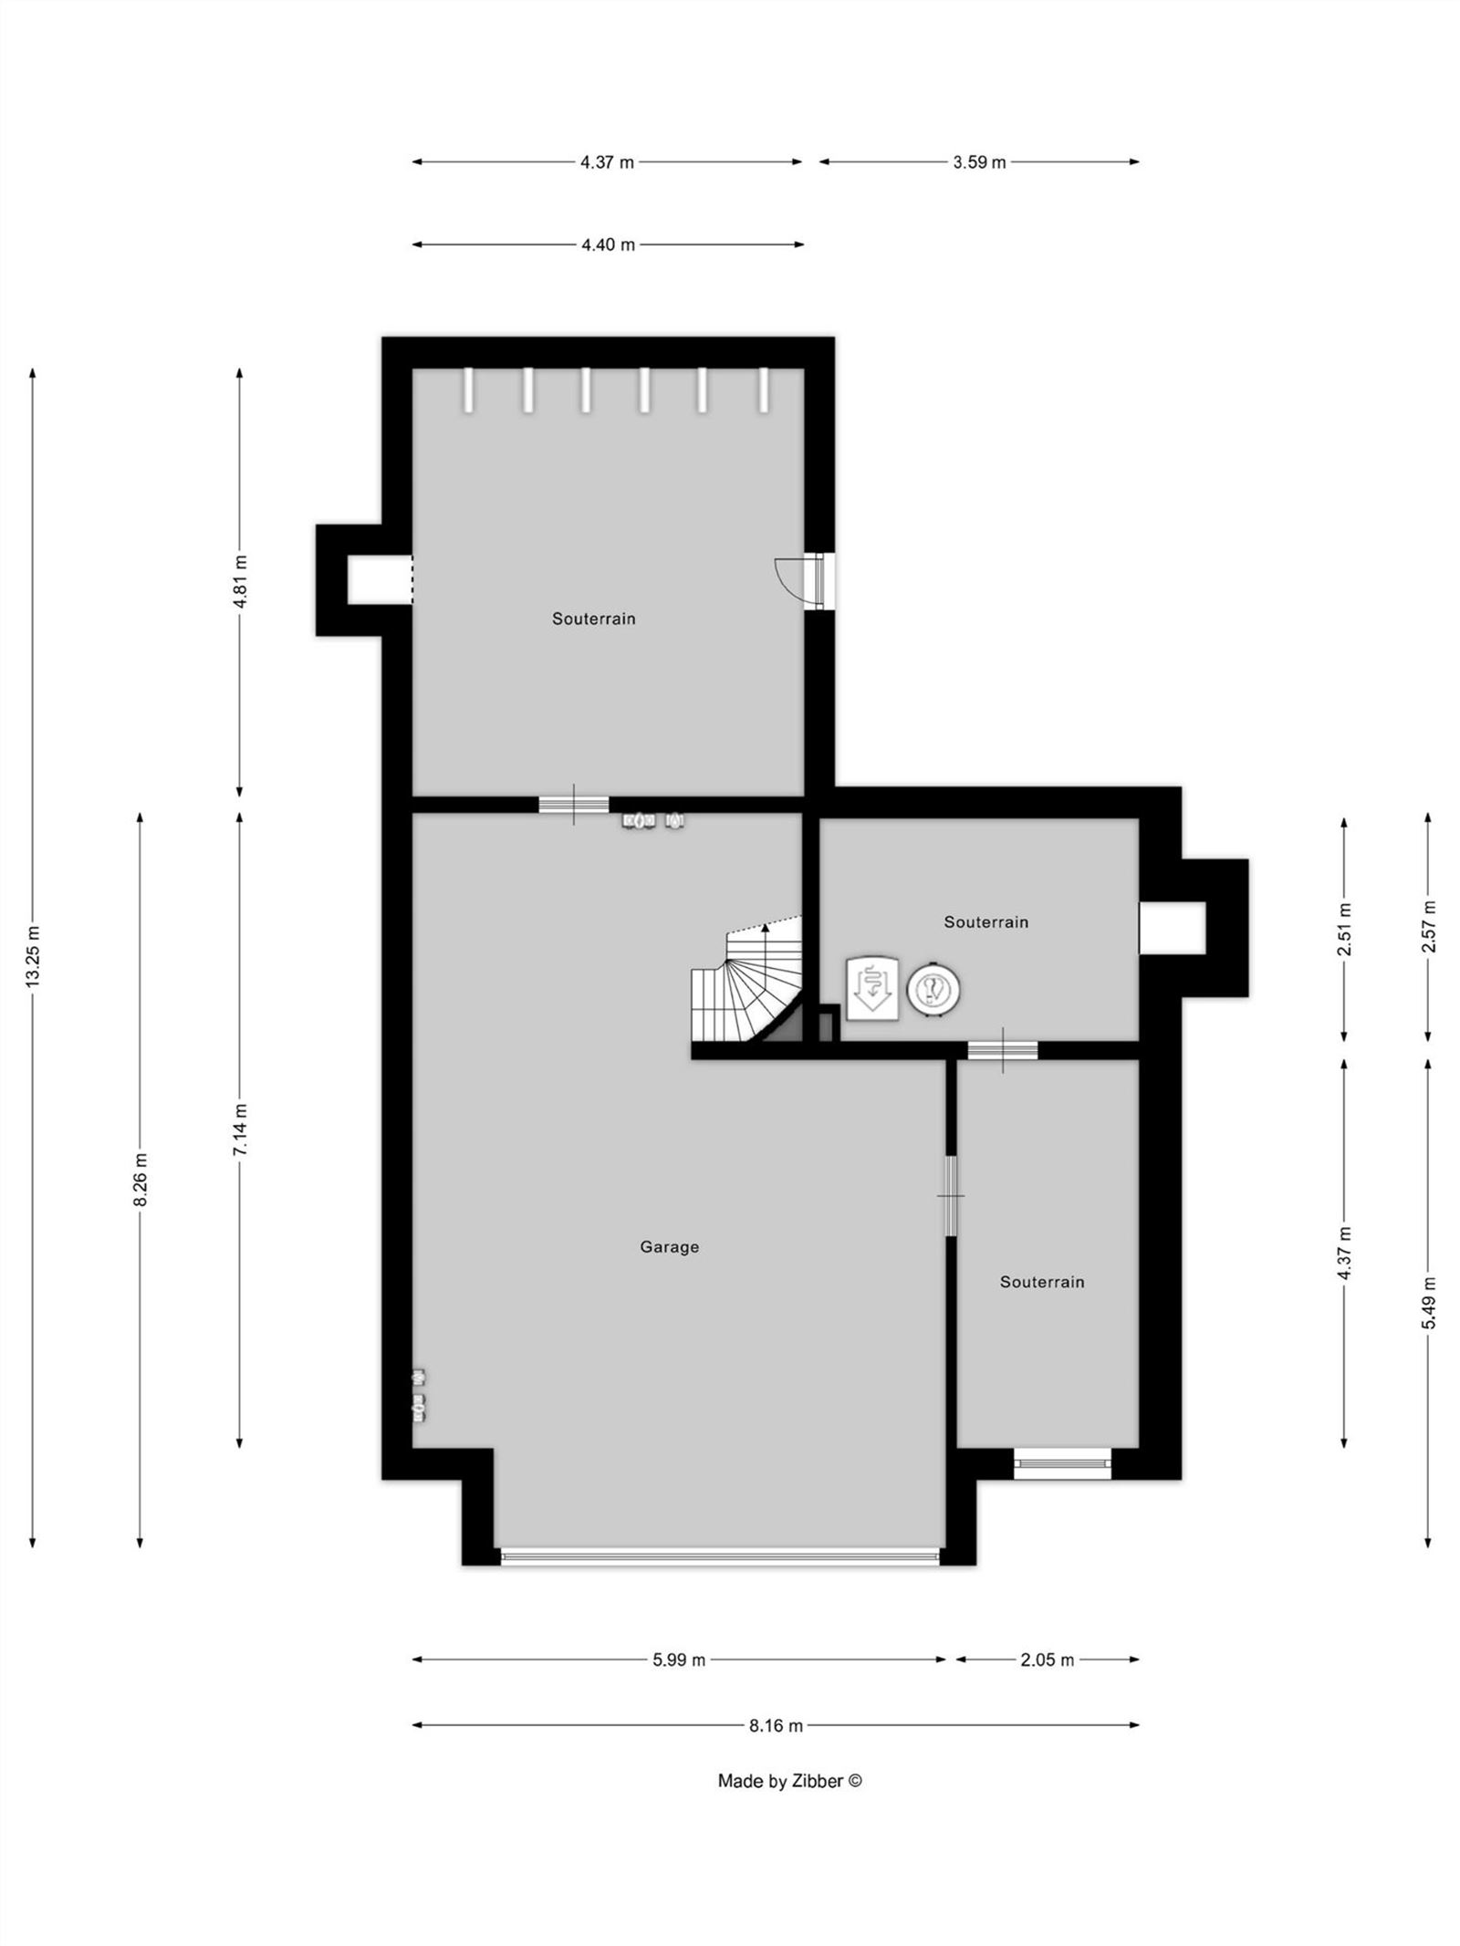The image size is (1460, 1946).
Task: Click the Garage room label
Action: coord(669,1246)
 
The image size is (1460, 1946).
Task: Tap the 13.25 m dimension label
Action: coord(33,956)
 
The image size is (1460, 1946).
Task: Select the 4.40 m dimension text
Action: coord(608,245)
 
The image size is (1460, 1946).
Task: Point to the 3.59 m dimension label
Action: coord(979,162)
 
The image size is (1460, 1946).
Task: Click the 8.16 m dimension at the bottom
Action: coord(776,1725)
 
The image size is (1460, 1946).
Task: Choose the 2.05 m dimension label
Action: coord(1047,1660)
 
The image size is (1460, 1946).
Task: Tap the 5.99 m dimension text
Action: coord(678,1660)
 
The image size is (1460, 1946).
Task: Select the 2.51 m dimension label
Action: coord(1344,928)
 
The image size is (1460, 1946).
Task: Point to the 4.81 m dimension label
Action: coord(239,581)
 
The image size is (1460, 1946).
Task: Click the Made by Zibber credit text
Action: coord(789,1780)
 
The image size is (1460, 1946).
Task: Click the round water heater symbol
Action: coord(933,989)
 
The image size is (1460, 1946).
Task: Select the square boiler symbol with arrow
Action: coord(872,986)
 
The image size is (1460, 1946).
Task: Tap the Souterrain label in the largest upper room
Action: coord(593,619)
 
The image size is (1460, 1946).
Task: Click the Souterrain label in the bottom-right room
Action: coord(1042,1282)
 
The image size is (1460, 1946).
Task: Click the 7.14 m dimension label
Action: coord(239,1129)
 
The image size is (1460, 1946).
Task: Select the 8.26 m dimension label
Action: coord(141,1180)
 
